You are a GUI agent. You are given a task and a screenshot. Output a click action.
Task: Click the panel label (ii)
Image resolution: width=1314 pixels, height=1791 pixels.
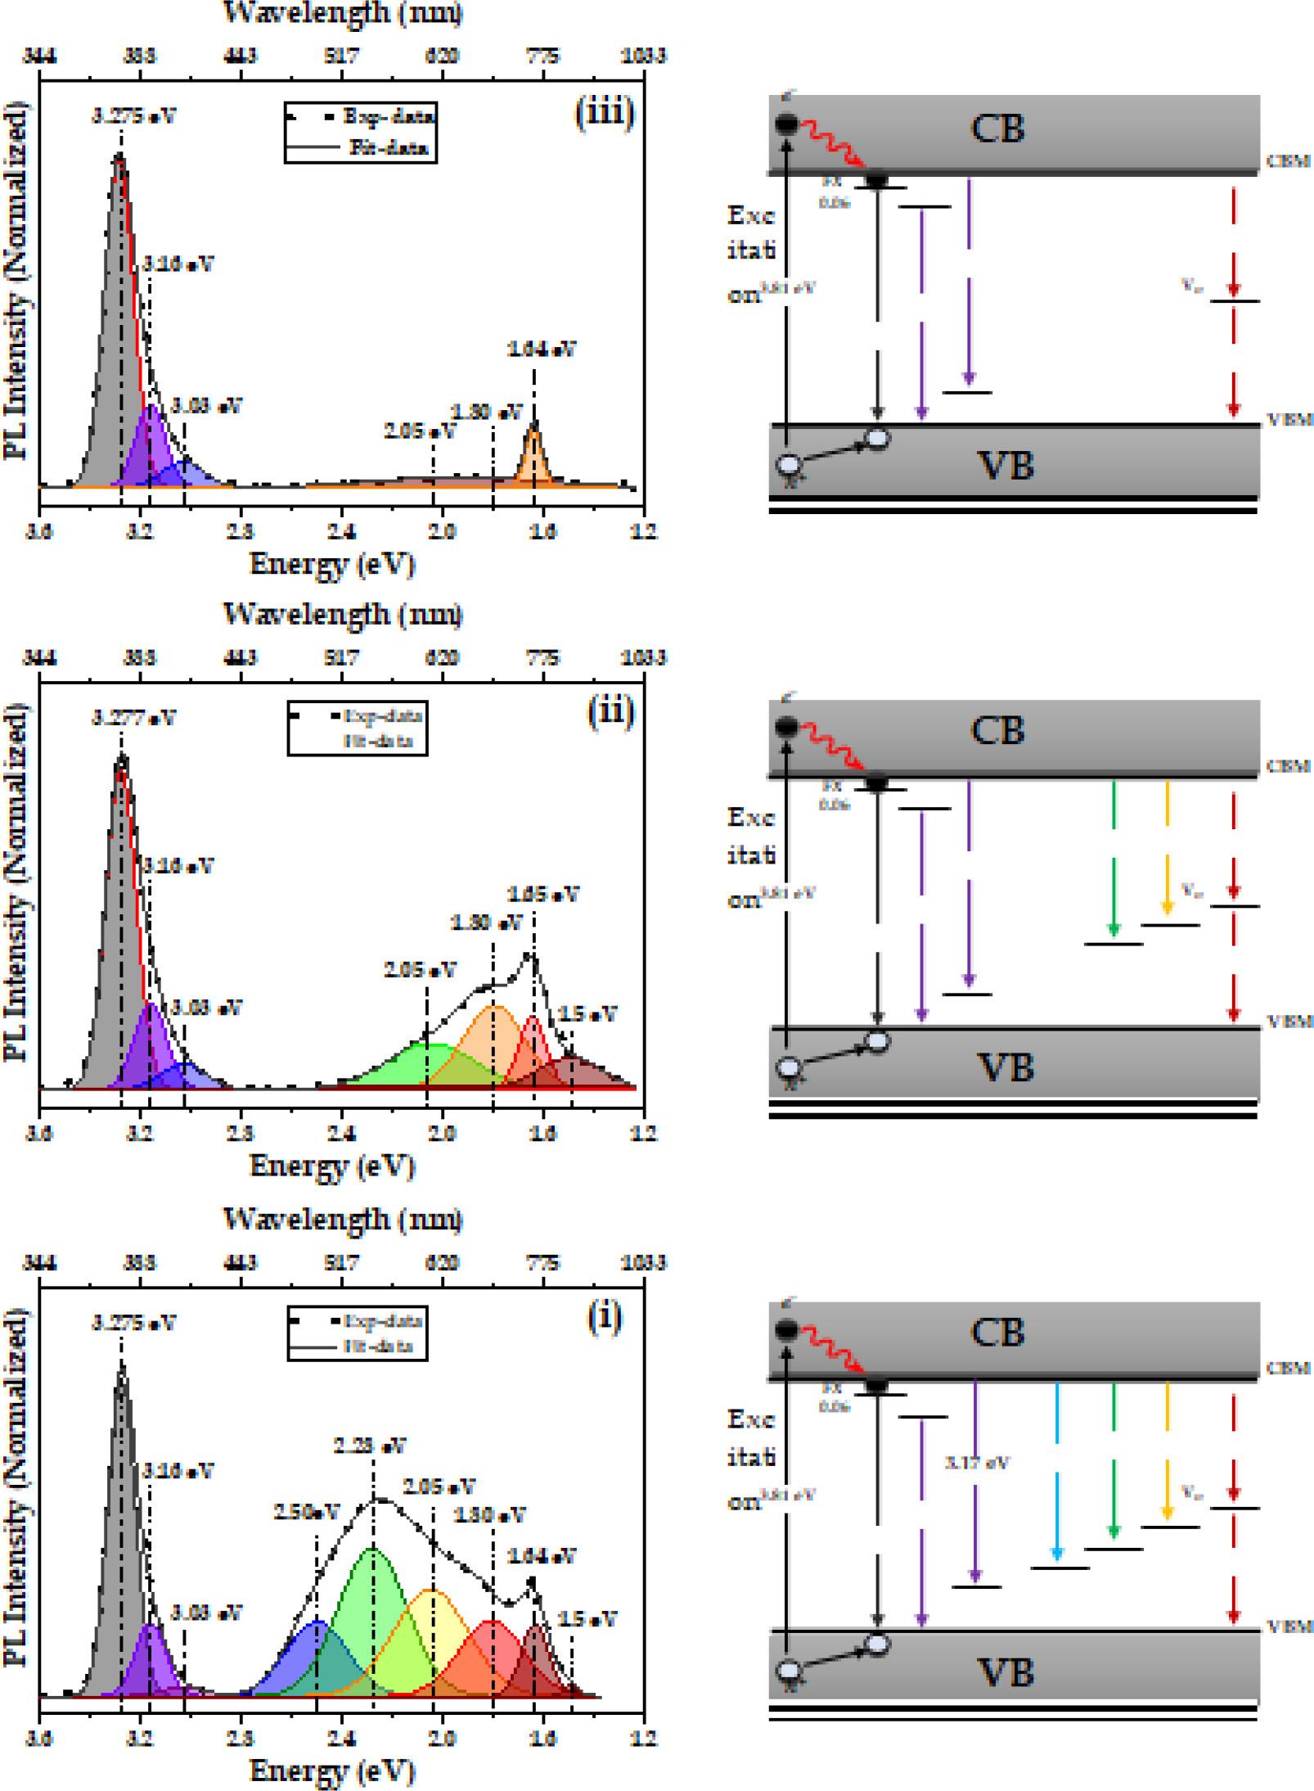coord(610,712)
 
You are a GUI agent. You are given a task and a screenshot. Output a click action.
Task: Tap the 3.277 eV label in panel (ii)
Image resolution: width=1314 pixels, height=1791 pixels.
coord(133,718)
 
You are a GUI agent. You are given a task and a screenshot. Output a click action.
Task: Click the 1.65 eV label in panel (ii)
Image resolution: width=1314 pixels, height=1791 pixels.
coord(543,894)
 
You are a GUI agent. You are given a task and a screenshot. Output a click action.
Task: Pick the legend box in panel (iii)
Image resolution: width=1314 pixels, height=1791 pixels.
coord(360,132)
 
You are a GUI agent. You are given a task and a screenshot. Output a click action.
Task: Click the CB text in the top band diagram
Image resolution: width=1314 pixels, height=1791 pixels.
coord(997,129)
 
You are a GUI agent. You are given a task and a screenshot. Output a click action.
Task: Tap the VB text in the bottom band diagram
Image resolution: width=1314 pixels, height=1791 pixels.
coord(1006,1672)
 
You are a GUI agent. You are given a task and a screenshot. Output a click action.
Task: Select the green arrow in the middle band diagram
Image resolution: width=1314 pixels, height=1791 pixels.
coord(1113,859)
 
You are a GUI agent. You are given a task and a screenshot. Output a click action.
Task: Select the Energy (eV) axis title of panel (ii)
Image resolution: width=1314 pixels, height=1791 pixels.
coord(332,1165)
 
